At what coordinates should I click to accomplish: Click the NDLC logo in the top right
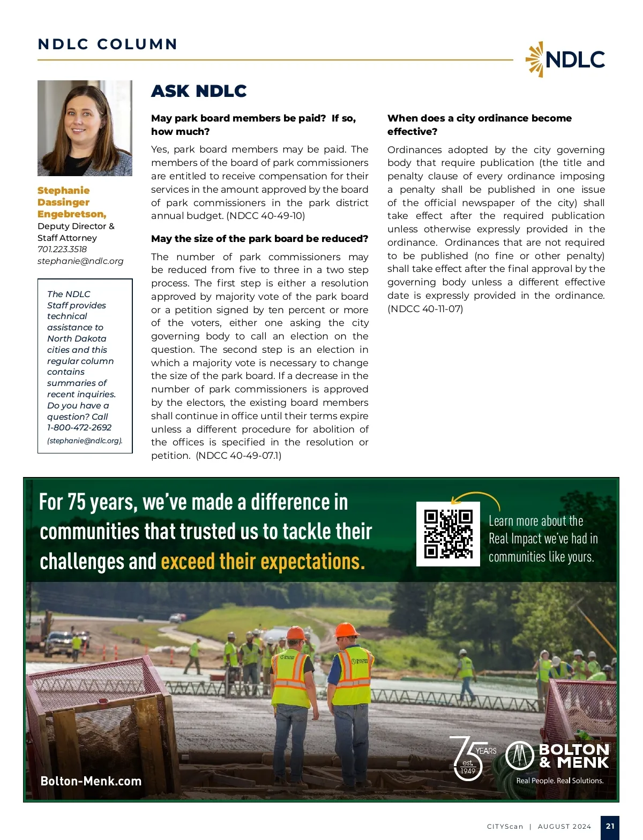(565, 59)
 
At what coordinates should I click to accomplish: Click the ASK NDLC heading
(199, 91)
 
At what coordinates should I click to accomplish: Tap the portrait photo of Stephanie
(85, 128)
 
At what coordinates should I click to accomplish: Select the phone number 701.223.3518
(62, 249)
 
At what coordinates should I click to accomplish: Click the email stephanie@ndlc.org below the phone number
(80, 261)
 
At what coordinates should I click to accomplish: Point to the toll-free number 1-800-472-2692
(79, 427)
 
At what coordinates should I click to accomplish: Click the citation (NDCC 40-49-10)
(266, 216)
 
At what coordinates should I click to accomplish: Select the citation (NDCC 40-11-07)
(425, 308)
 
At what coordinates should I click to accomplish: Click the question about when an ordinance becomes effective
(479, 124)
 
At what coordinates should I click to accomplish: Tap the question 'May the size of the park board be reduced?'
(259, 239)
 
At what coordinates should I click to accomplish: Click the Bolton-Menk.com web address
(91, 781)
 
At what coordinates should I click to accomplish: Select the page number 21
(610, 826)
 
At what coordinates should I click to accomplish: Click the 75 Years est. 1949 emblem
(471, 757)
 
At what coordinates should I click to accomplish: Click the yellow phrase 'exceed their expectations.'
(263, 562)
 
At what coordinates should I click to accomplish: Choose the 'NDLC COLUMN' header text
(108, 44)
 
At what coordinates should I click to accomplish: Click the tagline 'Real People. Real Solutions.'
(559, 781)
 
